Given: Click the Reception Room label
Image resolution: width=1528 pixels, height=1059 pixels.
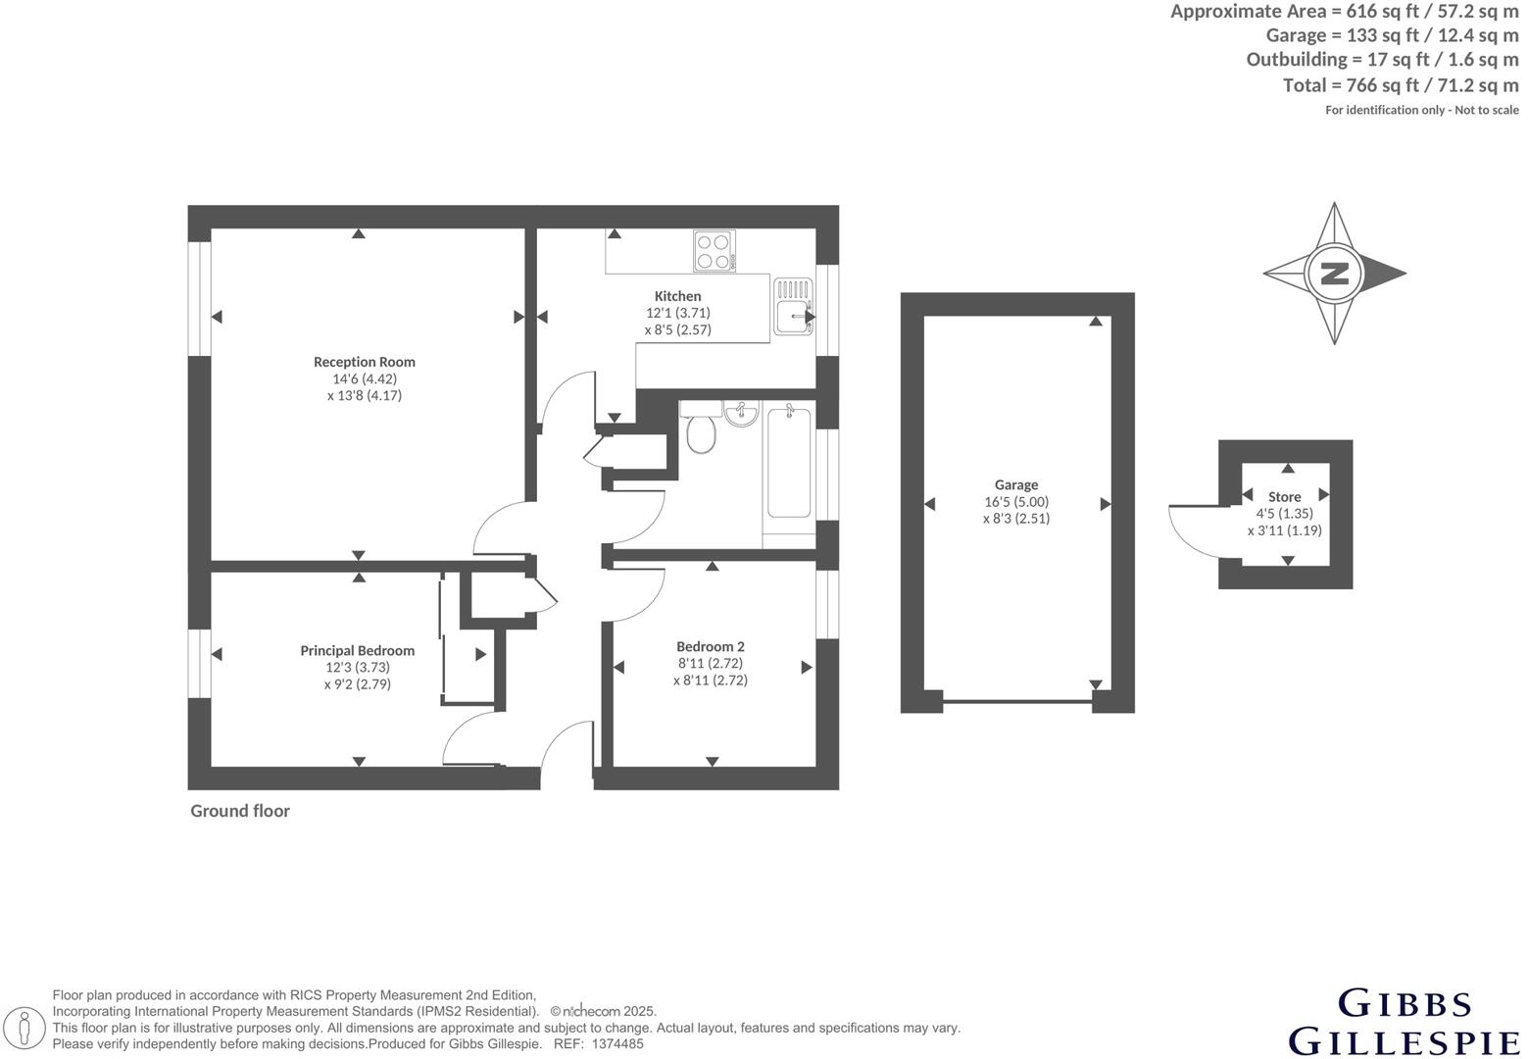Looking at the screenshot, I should (x=364, y=362).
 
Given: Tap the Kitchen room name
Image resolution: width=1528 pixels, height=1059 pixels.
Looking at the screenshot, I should (x=677, y=296).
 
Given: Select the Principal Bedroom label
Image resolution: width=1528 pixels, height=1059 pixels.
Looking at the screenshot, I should (x=357, y=650).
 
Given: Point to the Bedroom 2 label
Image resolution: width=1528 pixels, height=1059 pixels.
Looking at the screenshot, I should (x=710, y=646).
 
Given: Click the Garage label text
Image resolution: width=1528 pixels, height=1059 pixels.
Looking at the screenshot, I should (x=1015, y=484).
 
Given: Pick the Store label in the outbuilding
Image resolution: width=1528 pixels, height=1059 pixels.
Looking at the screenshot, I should (x=1284, y=496).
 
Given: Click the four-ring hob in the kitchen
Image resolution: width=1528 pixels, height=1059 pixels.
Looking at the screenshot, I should (x=714, y=250).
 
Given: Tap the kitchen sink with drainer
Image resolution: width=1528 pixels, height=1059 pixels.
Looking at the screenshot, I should (x=794, y=307).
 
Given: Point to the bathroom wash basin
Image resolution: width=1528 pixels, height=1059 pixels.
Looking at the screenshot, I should (x=742, y=414).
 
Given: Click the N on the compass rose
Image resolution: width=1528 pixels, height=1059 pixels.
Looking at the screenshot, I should (x=1334, y=274).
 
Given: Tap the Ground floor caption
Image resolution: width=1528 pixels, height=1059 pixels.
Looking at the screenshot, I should (x=240, y=811).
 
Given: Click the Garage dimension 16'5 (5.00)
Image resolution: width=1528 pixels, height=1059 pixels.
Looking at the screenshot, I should (x=1016, y=501).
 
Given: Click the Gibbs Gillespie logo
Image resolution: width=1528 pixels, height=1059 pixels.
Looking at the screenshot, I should (x=1405, y=1022).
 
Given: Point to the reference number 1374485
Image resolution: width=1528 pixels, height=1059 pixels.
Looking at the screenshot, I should (x=617, y=1044).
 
